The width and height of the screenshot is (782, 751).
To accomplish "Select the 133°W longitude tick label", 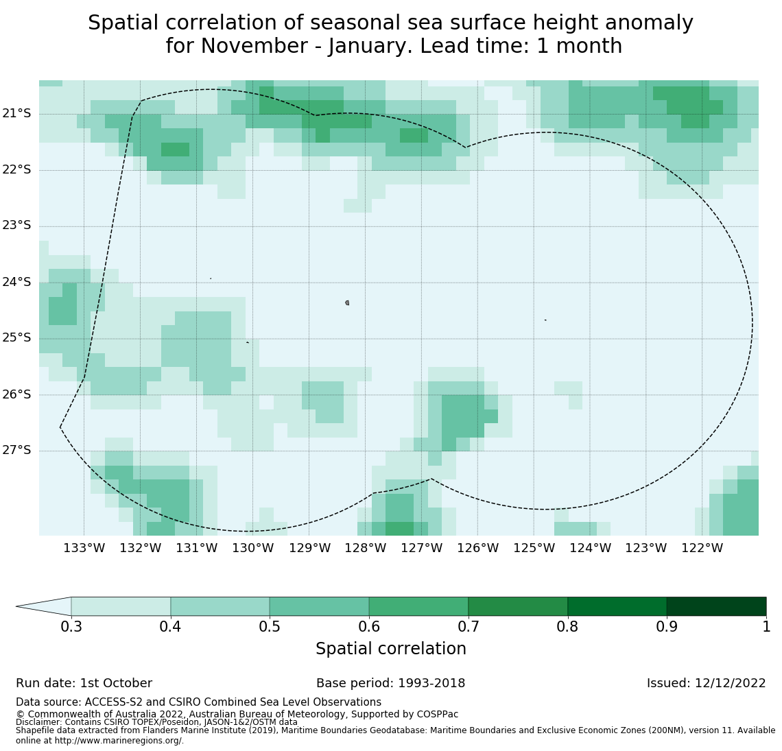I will pos(84,548).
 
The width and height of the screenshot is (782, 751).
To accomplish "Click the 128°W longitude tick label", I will pos(365,548).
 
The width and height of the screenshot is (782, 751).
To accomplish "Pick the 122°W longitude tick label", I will pos(702,548).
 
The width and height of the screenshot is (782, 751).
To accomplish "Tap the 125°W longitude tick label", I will pos(534,548).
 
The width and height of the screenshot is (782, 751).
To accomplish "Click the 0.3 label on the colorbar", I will pos(71,626).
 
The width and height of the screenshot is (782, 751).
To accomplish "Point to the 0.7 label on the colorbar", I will pos(469,626).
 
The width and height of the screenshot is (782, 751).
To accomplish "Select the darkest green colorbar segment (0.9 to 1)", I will pos(716,606).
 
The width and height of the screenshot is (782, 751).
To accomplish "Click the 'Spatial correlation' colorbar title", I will pos(390,649).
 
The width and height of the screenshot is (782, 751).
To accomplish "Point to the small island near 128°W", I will pos(347,302).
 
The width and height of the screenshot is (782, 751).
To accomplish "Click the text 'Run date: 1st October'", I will pos(84,683).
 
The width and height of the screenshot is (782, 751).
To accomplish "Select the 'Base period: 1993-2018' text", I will pos(390,683).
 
